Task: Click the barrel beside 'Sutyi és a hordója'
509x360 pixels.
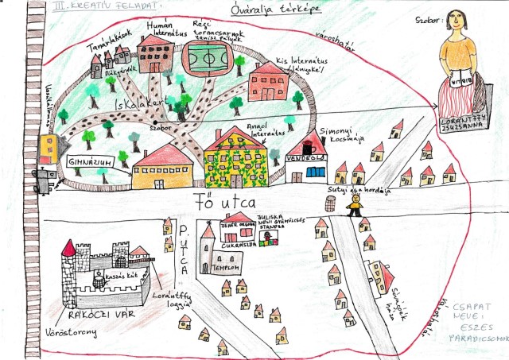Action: pos(330,203)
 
